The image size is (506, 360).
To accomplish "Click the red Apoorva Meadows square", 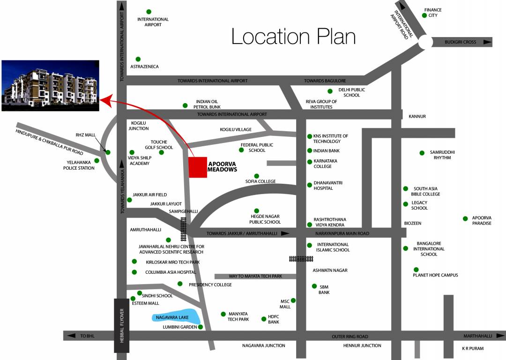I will coord(198,167).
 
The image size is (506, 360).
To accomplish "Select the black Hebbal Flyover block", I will coord(121,325).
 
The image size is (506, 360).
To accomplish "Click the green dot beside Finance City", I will coord(424,15).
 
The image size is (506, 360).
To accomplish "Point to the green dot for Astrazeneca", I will coord(138,59).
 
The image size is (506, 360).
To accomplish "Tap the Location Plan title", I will coord(293,37).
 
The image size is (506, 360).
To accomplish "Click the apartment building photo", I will coord(50,85).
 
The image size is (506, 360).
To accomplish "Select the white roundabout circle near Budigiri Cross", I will coord(425,42).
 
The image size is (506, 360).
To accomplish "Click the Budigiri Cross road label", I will coord(460,42).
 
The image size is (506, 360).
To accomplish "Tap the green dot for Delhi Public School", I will coord(330,91).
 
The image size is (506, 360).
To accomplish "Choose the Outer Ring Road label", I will coord(350,336).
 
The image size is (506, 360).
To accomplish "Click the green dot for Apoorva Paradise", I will coord(465,218).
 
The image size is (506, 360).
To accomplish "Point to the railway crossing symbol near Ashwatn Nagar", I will coord(301,258).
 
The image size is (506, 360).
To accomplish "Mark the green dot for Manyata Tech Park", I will coord(223,314).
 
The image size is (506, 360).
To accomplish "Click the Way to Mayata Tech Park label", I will coord(255,277).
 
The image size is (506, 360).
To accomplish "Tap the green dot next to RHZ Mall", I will coord(108,152).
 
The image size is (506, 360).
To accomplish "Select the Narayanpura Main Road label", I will coord(342,233).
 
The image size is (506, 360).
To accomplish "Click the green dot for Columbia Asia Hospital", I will coord(134,272).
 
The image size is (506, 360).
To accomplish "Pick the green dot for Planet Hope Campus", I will coord(416,270).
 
